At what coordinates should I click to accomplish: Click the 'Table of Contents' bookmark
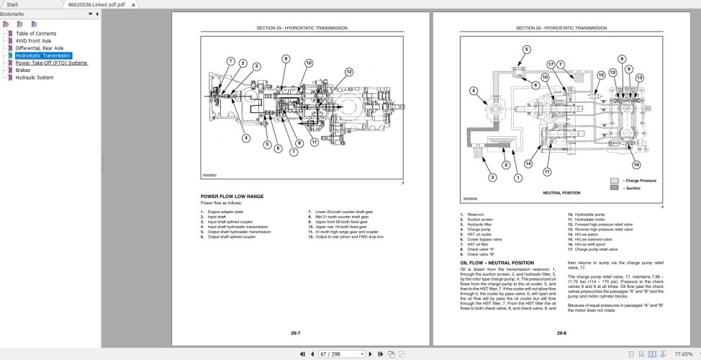(35, 34)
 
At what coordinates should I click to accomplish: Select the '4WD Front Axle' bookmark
(33, 41)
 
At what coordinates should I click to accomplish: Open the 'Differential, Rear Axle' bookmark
(39, 48)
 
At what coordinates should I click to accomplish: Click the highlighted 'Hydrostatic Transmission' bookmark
(42, 55)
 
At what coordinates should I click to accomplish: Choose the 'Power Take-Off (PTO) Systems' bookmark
(51, 63)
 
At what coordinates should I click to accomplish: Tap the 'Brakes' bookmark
(23, 70)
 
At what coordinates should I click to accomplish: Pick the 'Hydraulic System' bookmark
(35, 77)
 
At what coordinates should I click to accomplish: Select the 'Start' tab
(12, 4)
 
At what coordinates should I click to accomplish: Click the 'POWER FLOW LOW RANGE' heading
(232, 196)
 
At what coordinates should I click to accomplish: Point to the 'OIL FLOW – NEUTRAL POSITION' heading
(497, 263)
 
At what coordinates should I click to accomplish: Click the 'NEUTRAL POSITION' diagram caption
(561, 193)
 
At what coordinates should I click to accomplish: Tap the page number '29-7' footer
(295, 333)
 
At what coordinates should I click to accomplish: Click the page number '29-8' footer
(561, 333)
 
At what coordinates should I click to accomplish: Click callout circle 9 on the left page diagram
(286, 58)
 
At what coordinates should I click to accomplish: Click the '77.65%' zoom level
(684, 354)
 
